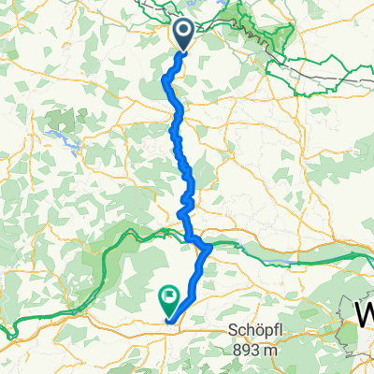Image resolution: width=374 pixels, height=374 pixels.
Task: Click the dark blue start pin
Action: [183, 34]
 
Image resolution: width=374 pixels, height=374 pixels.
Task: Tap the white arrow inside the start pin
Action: [183, 32]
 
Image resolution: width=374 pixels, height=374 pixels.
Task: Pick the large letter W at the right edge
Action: [364, 313]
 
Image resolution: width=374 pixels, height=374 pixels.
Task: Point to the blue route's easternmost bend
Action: [211, 247]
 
